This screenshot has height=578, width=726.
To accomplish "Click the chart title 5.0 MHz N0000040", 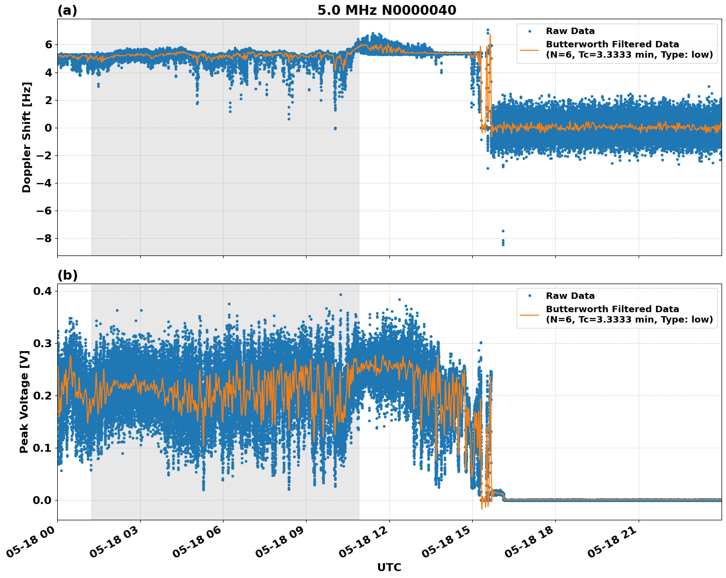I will pos(386,10).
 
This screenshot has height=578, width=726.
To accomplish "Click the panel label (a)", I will pos(67,10).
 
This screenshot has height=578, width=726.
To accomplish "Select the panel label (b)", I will pos(68,275).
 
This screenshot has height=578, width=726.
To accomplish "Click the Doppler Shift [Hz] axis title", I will pos(27,137).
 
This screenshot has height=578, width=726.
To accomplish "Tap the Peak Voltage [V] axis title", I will pos(24,401).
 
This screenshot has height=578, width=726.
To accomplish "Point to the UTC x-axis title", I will pos(389,567).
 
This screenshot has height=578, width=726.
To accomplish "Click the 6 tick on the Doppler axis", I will pos(48,45).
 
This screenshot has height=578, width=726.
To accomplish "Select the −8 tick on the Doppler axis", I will pos(44,239).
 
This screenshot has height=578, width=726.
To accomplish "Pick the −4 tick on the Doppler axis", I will pos(44,183).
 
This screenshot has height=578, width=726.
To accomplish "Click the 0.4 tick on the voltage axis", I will pos(42,291).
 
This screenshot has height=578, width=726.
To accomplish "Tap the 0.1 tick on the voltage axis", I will pos(42,448).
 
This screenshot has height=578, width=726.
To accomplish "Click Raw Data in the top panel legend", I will pos(570,32).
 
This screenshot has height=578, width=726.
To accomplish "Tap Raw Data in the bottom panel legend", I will pos(570,296).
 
